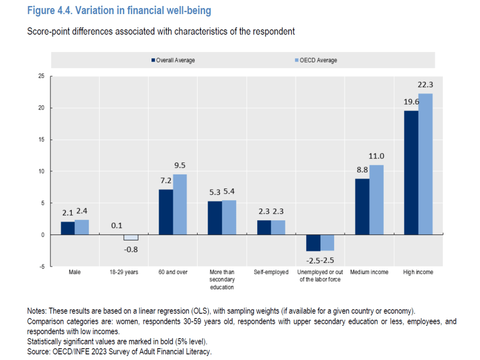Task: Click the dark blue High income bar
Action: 411,172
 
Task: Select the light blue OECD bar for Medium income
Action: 376,200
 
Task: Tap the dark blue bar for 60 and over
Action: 166,212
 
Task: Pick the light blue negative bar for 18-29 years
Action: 131,237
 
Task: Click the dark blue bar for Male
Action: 68,228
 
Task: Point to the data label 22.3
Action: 425,85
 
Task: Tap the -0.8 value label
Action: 131,249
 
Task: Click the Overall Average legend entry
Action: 173,60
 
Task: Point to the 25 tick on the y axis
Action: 41,76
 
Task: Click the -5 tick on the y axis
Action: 42,266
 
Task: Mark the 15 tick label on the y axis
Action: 41,140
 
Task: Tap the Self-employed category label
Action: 271,272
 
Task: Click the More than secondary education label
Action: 222,279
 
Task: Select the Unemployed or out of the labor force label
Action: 320,276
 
